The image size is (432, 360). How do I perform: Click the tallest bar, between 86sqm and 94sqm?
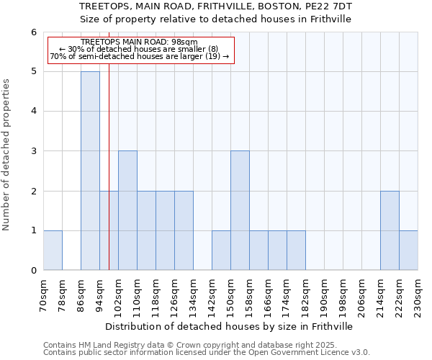90,171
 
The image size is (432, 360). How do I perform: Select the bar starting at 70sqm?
53,250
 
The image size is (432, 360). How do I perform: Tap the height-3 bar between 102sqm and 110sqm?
127,210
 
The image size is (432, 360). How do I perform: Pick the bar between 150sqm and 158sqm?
240,210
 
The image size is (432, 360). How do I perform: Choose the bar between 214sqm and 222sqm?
390,230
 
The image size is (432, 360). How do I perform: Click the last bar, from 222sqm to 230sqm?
408,250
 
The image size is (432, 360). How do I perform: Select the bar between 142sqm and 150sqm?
221,250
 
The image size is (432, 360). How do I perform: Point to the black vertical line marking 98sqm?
109,180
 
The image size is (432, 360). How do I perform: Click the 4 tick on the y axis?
33,112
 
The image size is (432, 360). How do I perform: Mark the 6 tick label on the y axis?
33,32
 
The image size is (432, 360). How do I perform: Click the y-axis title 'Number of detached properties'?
6,155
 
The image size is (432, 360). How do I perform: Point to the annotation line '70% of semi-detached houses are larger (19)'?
140,56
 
